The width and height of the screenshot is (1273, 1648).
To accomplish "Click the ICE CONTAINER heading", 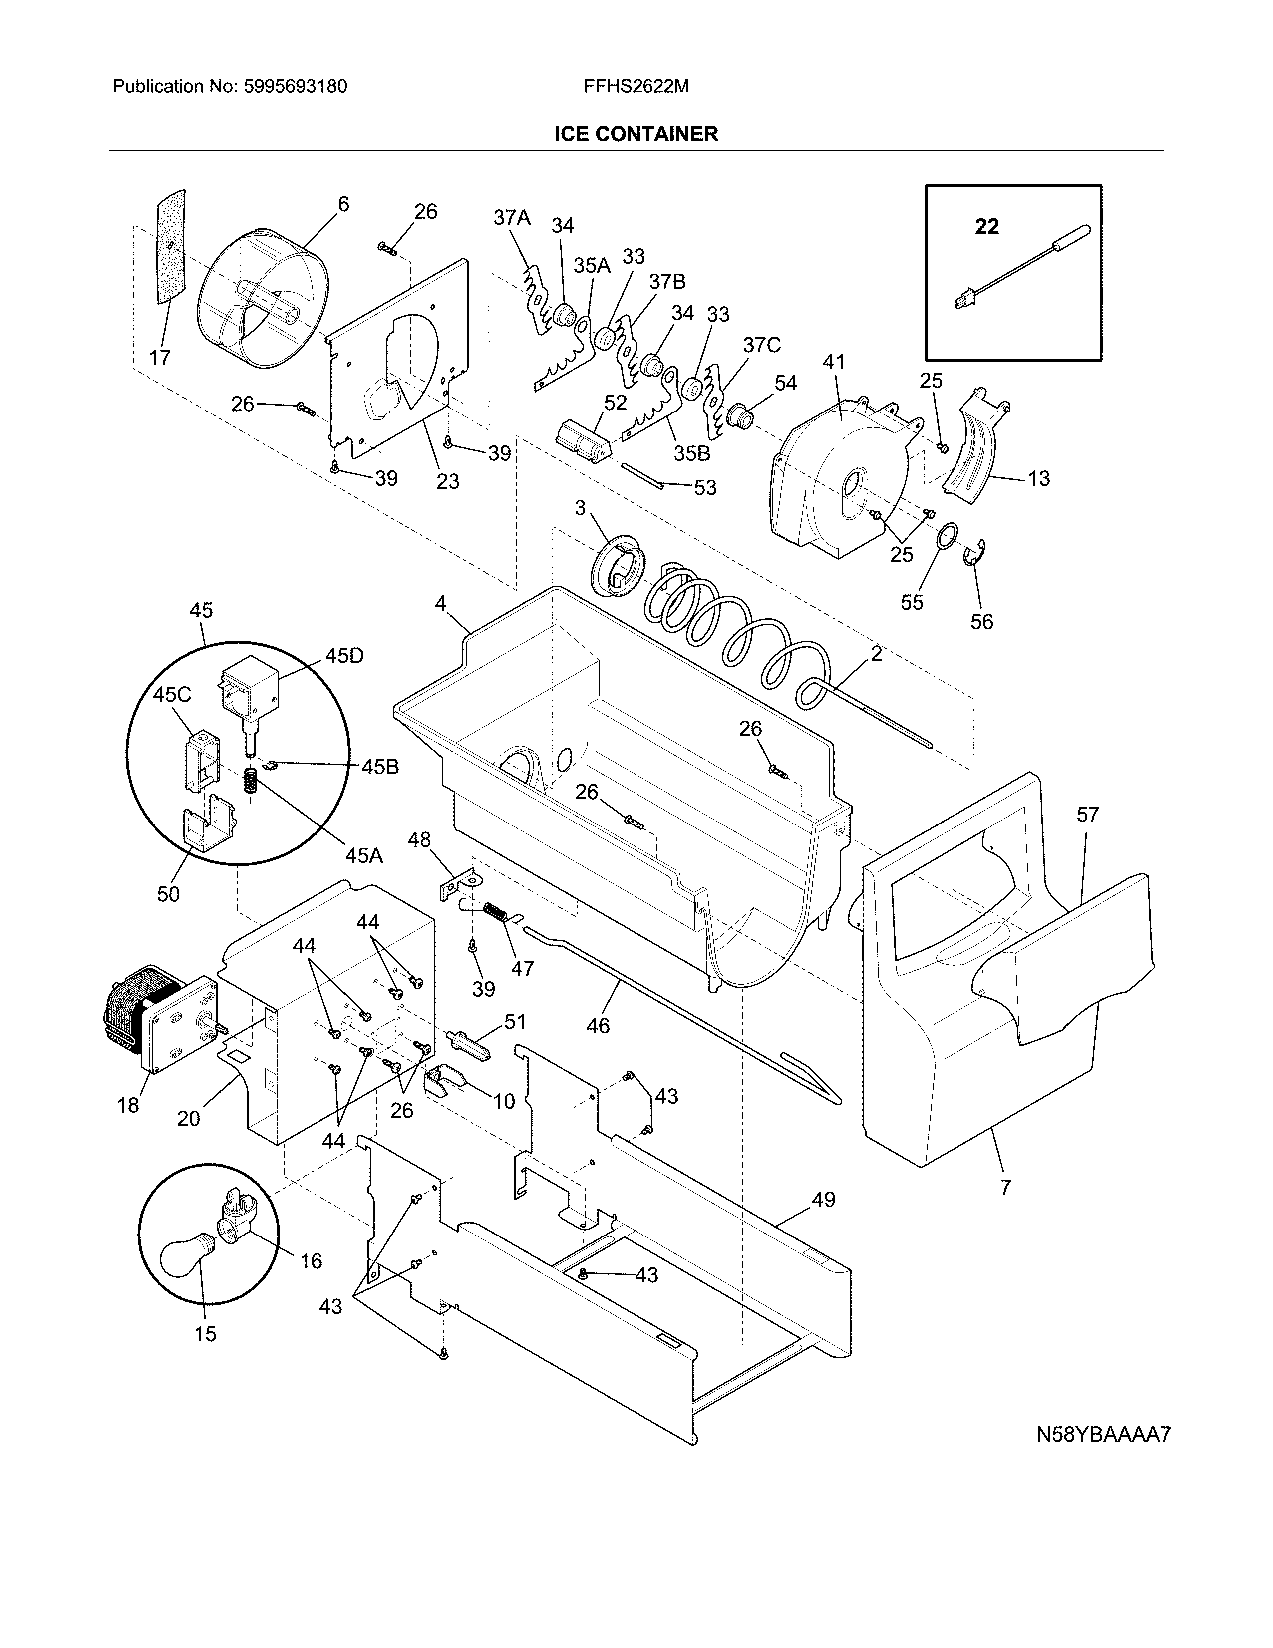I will point(636,134).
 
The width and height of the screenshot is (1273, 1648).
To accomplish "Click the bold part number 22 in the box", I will point(986,226).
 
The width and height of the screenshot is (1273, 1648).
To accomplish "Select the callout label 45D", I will point(344,656).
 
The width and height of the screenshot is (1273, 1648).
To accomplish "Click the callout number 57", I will point(1087,814).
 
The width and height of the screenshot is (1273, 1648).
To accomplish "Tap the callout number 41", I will point(833,362).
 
